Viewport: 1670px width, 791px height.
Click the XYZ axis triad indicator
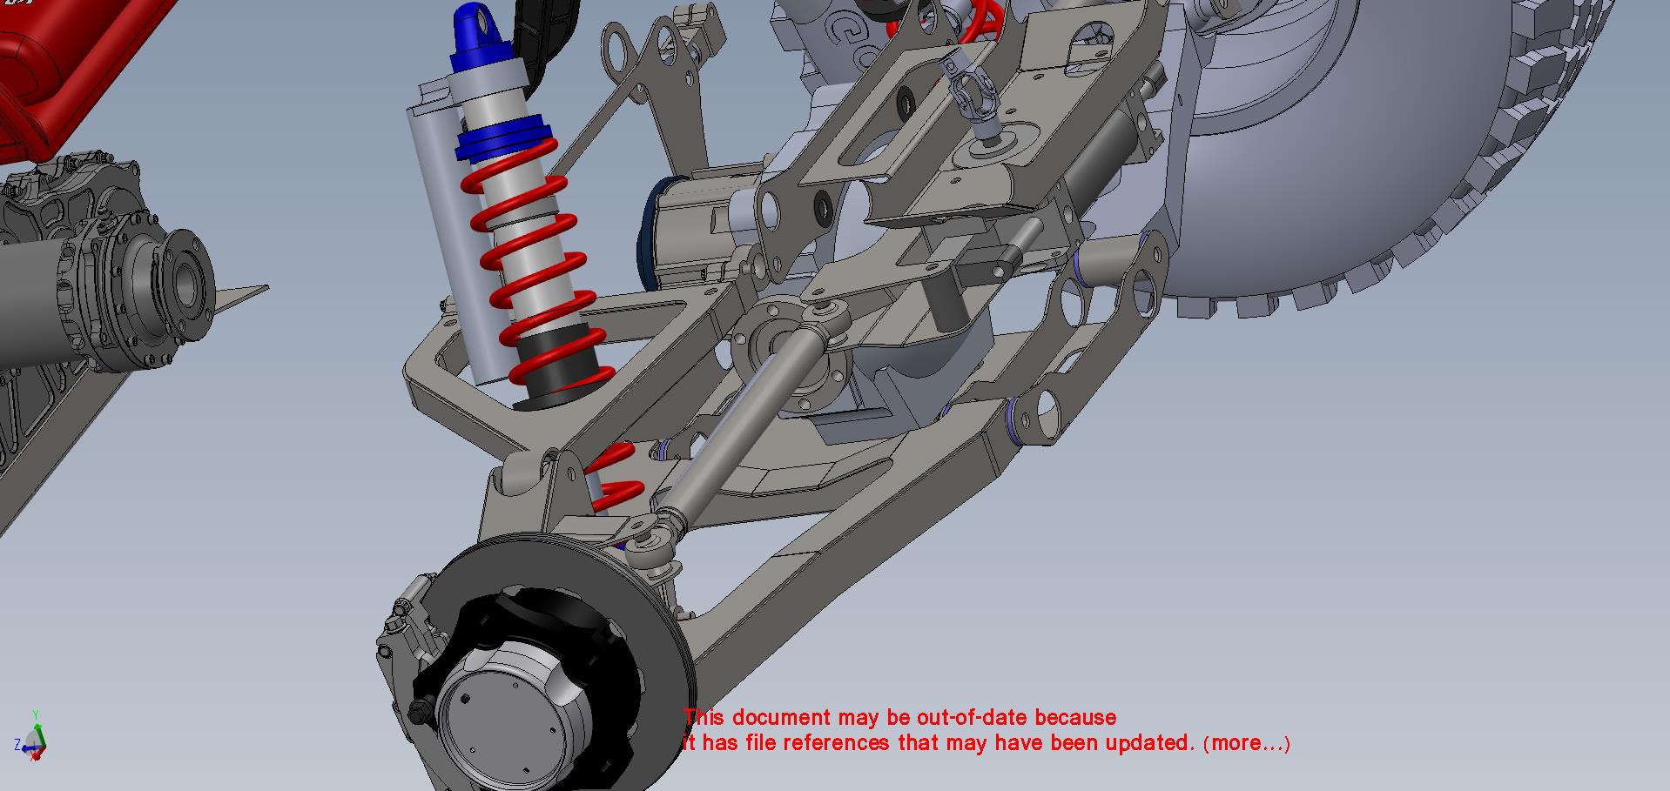32,738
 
